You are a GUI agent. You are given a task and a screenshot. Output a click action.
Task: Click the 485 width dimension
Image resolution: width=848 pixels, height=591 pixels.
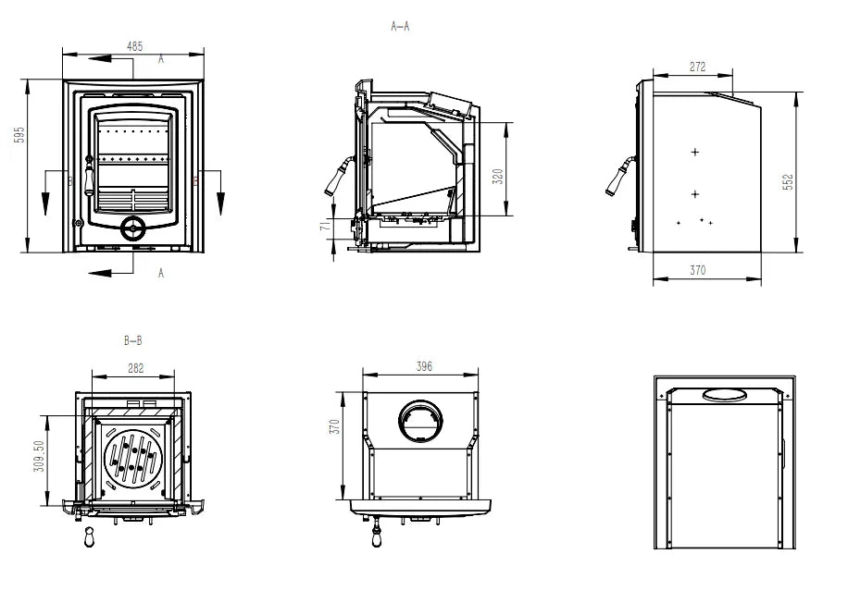(134, 44)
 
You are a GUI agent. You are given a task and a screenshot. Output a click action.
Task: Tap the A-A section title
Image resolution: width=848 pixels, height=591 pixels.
(400, 27)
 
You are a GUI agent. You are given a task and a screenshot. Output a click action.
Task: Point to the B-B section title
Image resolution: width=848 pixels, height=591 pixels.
(133, 341)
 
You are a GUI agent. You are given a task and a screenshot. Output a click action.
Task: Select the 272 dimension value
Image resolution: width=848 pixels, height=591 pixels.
(697, 67)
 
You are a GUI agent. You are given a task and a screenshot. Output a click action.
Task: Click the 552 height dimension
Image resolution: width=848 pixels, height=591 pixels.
(789, 182)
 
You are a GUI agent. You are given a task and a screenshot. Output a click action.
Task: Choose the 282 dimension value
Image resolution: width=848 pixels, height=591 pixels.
(135, 368)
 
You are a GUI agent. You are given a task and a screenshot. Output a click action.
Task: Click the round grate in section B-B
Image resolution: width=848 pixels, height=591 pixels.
(133, 458)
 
